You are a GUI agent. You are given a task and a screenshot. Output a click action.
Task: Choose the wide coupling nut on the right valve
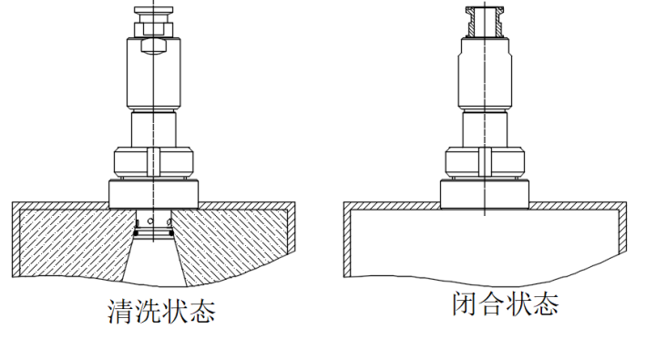click(484, 163)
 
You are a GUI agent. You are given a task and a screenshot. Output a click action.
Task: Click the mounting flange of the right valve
click(484, 192)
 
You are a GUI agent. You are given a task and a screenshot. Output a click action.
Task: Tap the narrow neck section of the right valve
click(484, 128)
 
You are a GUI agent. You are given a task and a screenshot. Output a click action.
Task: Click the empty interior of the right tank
click(483, 242)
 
